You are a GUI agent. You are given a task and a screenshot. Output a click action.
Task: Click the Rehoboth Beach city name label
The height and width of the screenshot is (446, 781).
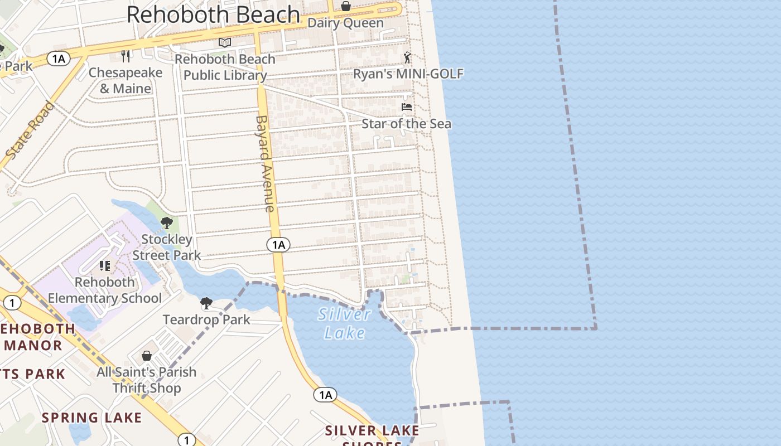pyautogui.click(x=214, y=14)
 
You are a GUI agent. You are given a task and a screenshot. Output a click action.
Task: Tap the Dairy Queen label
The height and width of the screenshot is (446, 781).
pyautogui.click(x=346, y=23)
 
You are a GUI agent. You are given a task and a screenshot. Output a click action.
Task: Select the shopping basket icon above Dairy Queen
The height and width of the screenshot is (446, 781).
pyautogui.click(x=346, y=6)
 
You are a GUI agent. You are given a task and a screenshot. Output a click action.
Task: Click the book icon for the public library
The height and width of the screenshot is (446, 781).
pyautogui.click(x=225, y=42)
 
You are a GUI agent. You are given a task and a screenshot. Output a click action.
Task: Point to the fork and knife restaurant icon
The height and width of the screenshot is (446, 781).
pyautogui.click(x=126, y=56)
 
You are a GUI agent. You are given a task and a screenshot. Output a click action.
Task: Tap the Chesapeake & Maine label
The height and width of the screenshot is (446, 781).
pyautogui.click(x=126, y=80)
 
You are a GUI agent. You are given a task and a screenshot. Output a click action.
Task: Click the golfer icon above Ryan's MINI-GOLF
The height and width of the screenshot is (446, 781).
pyautogui.click(x=408, y=57)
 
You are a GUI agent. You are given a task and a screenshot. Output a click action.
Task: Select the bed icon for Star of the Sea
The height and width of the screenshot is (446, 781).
pyautogui.click(x=407, y=106)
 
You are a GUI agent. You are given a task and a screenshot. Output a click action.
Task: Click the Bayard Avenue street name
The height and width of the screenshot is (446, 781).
pyautogui.click(x=265, y=163)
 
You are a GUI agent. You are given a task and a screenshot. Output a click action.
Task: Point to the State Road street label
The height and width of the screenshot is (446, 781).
pyautogui.click(x=32, y=129)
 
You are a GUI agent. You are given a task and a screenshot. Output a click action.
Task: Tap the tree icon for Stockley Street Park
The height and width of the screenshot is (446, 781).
pyautogui.click(x=166, y=224)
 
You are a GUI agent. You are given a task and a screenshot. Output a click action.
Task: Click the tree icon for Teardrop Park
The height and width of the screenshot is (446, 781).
pyautogui.click(x=206, y=303)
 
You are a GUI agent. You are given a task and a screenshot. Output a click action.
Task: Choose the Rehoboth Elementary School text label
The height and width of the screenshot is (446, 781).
pyautogui.click(x=105, y=290)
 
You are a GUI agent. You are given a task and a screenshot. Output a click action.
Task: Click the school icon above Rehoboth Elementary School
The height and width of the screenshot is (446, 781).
pyautogui.click(x=105, y=266)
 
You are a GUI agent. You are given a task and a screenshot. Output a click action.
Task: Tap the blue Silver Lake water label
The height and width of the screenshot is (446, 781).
pyautogui.click(x=345, y=323)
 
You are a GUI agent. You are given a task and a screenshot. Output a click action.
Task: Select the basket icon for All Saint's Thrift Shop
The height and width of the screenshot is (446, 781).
pyautogui.click(x=147, y=355)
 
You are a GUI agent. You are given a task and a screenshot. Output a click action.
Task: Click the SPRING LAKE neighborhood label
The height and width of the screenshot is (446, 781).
pyautogui.click(x=92, y=418)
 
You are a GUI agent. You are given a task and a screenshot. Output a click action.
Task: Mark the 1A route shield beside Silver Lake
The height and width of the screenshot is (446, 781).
pyautogui.click(x=325, y=395)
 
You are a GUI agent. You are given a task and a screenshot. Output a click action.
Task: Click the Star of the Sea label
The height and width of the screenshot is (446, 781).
pyautogui.click(x=407, y=124)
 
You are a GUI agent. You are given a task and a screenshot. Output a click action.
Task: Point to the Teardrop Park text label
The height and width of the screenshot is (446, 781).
pyautogui.click(x=206, y=320)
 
